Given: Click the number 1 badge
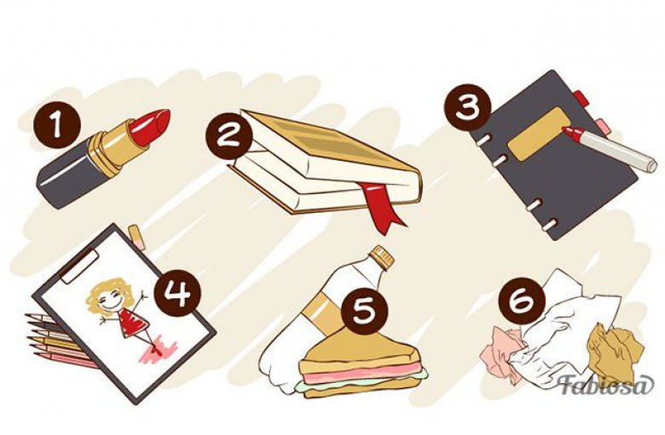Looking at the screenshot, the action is coord(57,124).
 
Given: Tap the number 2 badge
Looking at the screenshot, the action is coord(229,136).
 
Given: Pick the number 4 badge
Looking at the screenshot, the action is coord(178,293).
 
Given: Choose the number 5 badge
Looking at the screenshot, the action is coord(365,311).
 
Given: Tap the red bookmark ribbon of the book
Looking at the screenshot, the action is coord(382,208).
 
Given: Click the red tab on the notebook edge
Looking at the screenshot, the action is coord(581,99).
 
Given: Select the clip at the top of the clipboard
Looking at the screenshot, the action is coord(78,266).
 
